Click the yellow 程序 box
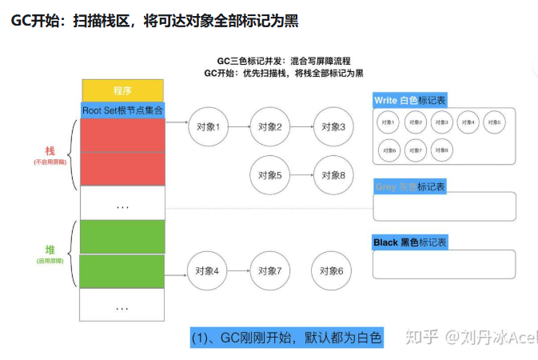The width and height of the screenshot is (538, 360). coord(122,90)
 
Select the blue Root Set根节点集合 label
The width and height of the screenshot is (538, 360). coord(122,110)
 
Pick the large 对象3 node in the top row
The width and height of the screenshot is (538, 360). coord(332,127)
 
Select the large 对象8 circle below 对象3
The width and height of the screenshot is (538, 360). coord(332,175)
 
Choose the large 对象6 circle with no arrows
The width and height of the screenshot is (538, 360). coord(332,271)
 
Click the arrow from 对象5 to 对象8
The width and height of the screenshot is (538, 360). coord(301,175)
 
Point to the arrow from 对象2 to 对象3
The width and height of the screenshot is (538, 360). coord(301,127)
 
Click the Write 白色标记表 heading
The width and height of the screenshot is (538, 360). coord(409,101)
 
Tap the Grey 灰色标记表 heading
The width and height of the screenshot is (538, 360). coord(409,186)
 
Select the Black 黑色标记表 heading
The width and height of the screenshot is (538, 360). coord(409,242)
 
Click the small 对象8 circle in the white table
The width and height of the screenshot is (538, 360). coord(440,149)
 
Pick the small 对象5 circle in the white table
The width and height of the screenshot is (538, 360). coord(492,122)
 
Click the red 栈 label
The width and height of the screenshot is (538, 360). coord(50,150)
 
